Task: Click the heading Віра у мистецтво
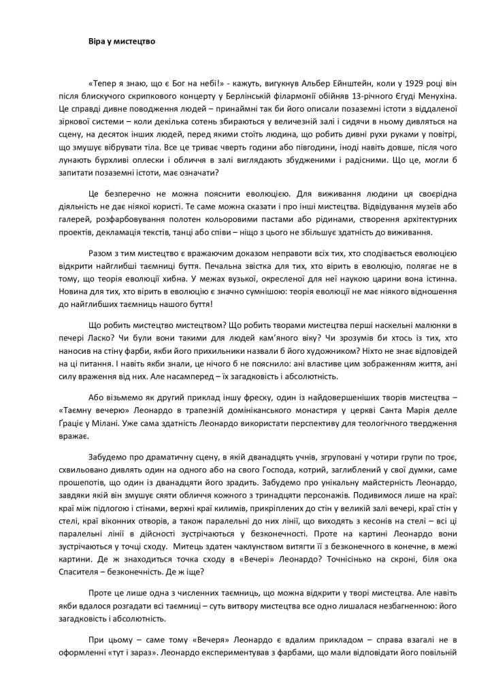[122, 41]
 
